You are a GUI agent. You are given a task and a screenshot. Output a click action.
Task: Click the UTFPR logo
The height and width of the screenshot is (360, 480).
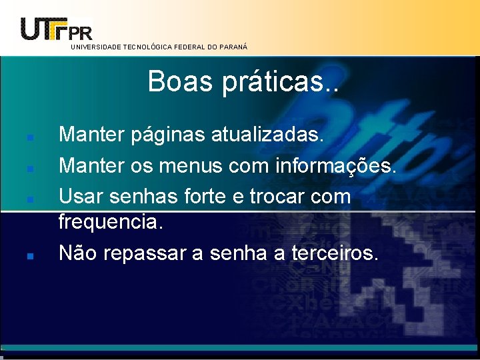click(x=56, y=28)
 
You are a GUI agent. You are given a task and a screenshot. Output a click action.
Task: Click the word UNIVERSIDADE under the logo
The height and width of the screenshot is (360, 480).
click(x=93, y=47)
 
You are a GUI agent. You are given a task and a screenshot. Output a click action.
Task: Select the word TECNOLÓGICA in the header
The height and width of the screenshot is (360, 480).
click(x=145, y=47)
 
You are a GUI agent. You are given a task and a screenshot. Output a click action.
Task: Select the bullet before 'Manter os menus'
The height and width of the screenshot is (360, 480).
click(x=31, y=169)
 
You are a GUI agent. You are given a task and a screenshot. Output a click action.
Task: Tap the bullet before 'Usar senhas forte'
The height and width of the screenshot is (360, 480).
click(x=31, y=199)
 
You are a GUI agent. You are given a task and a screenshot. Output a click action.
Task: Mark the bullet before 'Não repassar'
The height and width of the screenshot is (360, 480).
click(x=31, y=255)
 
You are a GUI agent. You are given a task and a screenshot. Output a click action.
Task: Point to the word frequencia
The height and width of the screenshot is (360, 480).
click(x=111, y=222)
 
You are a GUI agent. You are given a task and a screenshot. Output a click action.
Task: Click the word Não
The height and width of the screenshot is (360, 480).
click(x=78, y=253)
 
